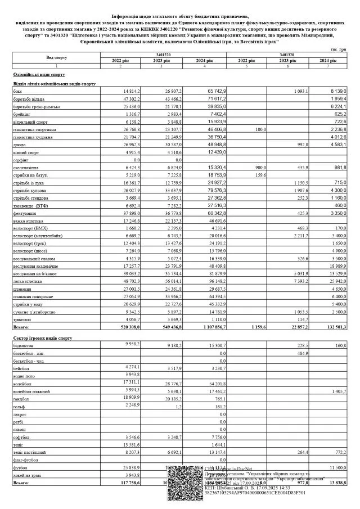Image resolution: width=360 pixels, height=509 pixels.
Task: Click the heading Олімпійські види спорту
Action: click(x=39, y=74)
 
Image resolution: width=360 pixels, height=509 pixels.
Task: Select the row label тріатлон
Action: click(x=21, y=318)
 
